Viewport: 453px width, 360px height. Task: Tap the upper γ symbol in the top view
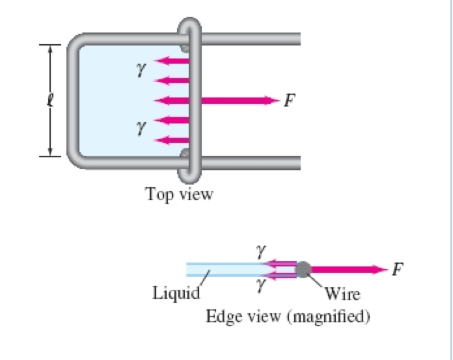click(x=139, y=67)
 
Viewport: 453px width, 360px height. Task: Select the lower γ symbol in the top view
click(x=139, y=131)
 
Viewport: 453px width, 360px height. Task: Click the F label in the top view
click(x=289, y=100)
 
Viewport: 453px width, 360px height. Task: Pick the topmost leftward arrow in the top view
click(x=174, y=61)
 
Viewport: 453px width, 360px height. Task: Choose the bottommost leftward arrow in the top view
click(x=174, y=139)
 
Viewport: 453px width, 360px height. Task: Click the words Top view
click(x=180, y=194)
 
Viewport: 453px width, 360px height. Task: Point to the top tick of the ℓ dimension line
click(x=49, y=45)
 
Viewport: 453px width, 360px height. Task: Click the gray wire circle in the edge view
click(x=303, y=269)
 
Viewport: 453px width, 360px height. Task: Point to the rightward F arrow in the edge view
click(x=348, y=269)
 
